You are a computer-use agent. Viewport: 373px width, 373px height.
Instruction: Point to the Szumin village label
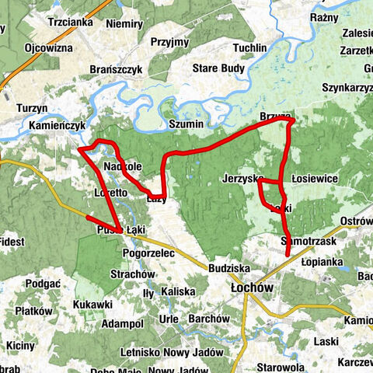[x=186, y=124]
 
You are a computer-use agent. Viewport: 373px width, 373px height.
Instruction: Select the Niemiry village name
[x=124, y=23]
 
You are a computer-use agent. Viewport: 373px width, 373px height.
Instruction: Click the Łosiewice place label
[x=314, y=179]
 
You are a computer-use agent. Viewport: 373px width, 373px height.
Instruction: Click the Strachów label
[x=129, y=274]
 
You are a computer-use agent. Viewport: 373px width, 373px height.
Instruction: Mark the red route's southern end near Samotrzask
[x=288, y=254]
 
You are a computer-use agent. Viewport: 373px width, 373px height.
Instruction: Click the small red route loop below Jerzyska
[x=268, y=193]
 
